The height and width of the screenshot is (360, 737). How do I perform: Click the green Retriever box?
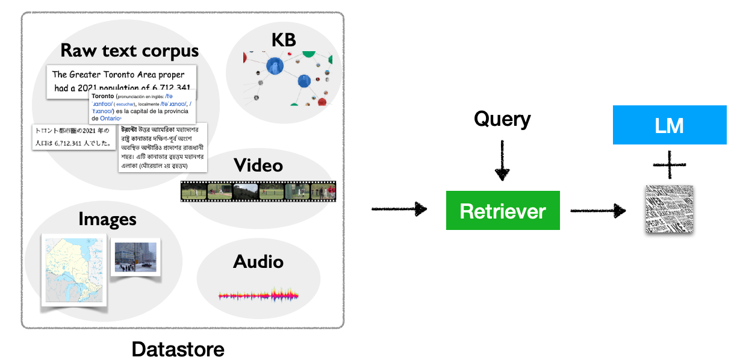click(x=503, y=211)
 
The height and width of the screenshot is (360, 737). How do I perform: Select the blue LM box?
click(x=669, y=125)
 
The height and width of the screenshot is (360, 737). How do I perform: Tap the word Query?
click(x=502, y=119)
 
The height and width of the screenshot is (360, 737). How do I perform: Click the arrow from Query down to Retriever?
click(x=502, y=161)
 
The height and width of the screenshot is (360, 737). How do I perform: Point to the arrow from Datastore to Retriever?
click(x=399, y=209)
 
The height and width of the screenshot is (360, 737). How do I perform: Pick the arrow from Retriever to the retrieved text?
click(x=597, y=210)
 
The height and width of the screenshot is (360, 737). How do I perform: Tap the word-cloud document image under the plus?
click(x=669, y=209)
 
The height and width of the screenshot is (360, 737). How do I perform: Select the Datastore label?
click(x=178, y=349)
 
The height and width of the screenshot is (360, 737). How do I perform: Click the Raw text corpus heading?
click(x=129, y=50)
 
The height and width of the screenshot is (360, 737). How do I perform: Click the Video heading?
click(x=258, y=164)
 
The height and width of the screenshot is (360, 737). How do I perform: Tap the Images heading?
click(x=107, y=219)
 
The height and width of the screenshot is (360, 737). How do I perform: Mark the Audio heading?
click(x=258, y=261)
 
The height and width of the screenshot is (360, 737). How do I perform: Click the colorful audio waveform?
click(x=258, y=296)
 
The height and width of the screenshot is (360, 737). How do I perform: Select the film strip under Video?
click(x=258, y=191)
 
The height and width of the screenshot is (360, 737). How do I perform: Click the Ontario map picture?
click(x=74, y=270)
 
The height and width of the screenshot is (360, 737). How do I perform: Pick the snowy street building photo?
click(x=136, y=257)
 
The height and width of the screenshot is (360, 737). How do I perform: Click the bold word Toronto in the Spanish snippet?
click(x=103, y=96)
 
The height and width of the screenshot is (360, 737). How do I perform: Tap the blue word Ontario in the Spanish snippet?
click(x=111, y=119)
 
